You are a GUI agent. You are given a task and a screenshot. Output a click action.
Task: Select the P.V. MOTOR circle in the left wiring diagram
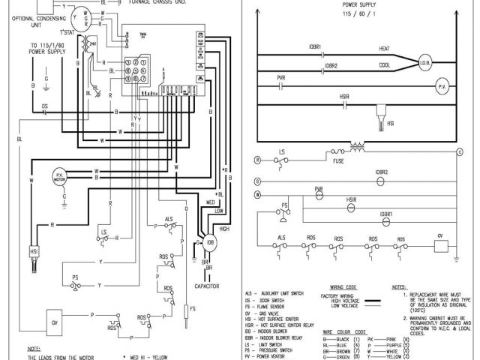pos(58,178)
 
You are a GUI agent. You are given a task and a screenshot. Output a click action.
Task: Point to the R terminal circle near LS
pos(256,160)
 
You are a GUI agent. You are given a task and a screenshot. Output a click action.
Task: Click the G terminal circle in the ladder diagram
pos(256,181)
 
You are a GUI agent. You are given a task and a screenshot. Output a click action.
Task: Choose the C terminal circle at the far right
pos(460,151)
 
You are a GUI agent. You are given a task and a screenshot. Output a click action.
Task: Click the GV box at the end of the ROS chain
pos(441,244)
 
